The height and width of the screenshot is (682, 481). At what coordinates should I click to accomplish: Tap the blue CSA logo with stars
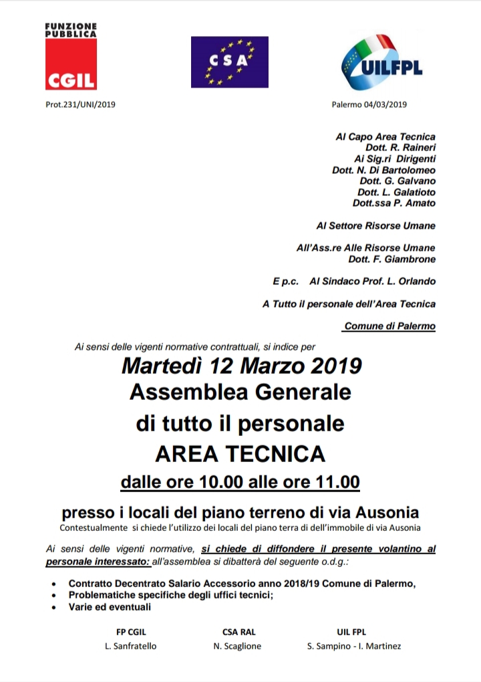pos(229,62)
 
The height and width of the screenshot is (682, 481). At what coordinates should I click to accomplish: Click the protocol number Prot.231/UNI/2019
pos(77,104)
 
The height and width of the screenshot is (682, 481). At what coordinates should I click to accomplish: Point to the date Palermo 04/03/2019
pos(369,104)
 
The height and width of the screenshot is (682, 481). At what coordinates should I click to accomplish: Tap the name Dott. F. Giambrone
pos(391,259)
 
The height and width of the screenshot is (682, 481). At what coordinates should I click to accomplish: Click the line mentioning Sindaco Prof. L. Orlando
pos(377,281)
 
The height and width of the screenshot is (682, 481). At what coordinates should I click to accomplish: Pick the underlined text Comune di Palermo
pos(389,326)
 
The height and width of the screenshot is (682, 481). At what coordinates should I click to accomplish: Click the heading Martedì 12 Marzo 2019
pos(241,366)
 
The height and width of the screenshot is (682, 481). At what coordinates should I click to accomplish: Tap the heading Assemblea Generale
pos(240,392)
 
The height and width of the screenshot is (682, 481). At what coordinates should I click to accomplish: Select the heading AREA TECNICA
pos(240,454)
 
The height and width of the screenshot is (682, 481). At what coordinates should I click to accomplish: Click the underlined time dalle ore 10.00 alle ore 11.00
pos(240,482)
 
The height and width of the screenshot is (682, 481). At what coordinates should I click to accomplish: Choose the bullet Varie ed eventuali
pos(110,607)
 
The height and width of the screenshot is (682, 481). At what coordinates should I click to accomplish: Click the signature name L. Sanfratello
pos(131,646)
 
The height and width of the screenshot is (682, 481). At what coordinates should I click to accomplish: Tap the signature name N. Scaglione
pos(237,646)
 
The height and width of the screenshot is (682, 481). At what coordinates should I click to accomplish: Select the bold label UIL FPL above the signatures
pos(351,631)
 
